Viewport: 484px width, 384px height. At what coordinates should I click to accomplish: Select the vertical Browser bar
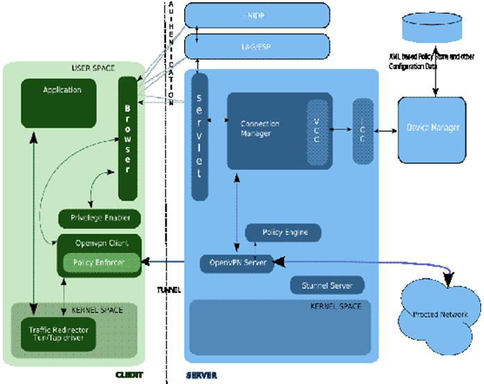click(127, 139)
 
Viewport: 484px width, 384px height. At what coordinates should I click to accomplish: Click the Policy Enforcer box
click(101, 262)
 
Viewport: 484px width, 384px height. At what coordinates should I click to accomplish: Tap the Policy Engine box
click(284, 232)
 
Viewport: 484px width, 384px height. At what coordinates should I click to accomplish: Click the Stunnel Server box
click(326, 285)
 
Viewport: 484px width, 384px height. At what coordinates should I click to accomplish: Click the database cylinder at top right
click(434, 30)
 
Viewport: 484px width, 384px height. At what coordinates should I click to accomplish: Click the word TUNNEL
click(169, 290)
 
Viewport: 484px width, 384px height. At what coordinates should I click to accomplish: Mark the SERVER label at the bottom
click(201, 376)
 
